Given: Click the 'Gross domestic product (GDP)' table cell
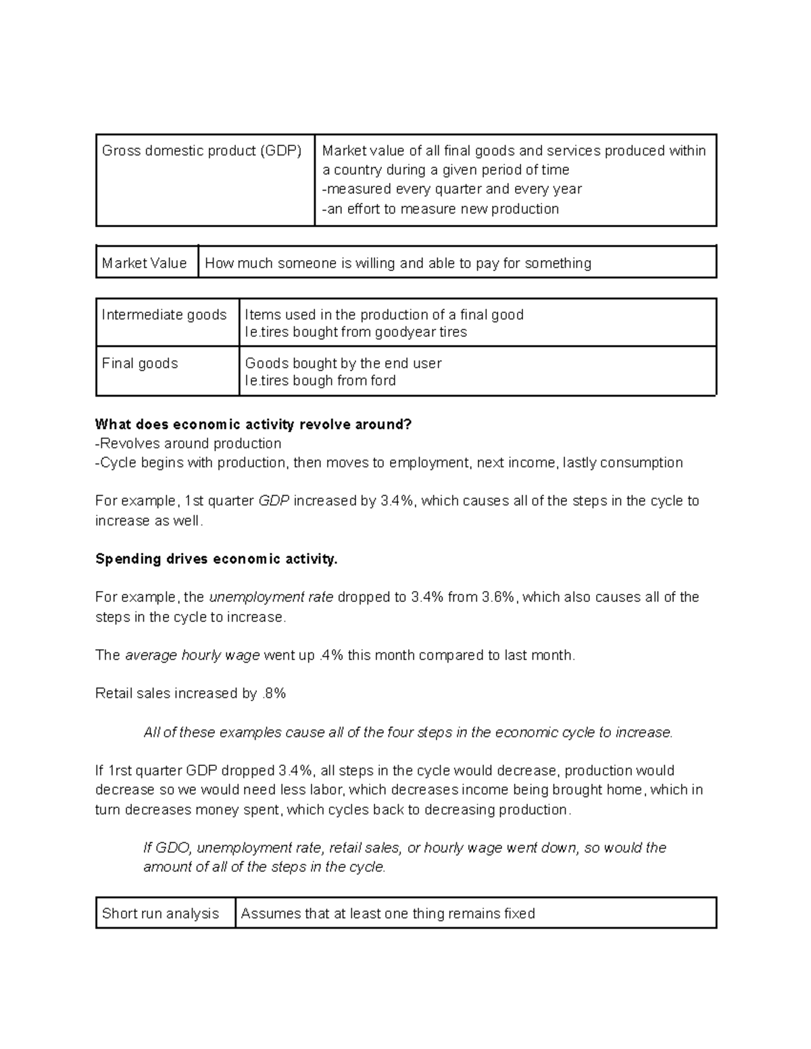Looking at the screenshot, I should click(x=201, y=151).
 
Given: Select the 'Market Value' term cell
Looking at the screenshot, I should click(x=144, y=263).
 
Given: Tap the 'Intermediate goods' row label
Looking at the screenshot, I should click(x=164, y=315).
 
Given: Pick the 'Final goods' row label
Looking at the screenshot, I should click(x=140, y=363).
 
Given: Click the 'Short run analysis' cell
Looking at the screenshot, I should click(x=160, y=913).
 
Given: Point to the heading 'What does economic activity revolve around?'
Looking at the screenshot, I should click(x=253, y=424).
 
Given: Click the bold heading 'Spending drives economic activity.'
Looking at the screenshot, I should click(x=216, y=559).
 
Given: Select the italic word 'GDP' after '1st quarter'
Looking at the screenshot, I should click(x=274, y=501).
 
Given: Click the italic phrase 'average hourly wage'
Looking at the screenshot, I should click(x=193, y=655).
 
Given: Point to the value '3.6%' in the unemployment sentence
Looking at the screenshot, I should click(x=498, y=597).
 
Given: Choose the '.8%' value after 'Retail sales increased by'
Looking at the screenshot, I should click(x=274, y=693).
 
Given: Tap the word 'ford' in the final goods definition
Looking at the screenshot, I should click(x=383, y=380).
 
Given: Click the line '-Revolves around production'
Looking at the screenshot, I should click(x=189, y=443).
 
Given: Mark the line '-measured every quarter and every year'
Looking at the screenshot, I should click(x=451, y=188).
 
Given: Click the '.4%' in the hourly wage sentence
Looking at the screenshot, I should click(x=330, y=655).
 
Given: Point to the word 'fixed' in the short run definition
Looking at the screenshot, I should click(x=519, y=913).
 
